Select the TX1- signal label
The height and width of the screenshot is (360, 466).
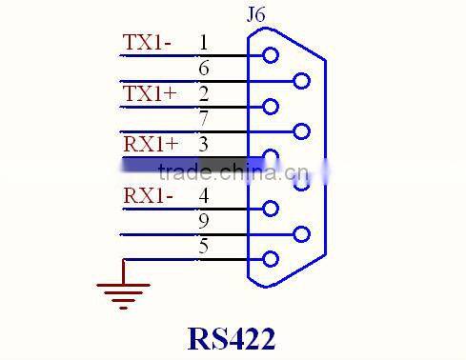(148, 43)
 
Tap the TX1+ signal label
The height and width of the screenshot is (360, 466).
(150, 93)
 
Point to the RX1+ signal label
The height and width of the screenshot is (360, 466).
(151, 145)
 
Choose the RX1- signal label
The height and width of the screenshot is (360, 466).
(149, 196)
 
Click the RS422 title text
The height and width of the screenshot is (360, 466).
(232, 338)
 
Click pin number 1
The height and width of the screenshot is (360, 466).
(204, 43)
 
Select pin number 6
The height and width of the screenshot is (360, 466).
(204, 69)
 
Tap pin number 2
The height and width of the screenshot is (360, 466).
(204, 93)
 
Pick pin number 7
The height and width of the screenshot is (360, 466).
(204, 119)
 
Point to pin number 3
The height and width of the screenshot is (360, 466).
(204, 145)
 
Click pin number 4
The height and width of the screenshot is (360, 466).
(204, 196)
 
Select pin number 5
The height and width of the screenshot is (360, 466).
(204, 247)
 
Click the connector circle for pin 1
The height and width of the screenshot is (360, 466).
(271, 55)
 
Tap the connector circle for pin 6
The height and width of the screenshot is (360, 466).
(302, 81)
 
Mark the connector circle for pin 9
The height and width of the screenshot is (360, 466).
(302, 234)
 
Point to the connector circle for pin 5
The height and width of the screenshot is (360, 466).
(271, 259)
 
